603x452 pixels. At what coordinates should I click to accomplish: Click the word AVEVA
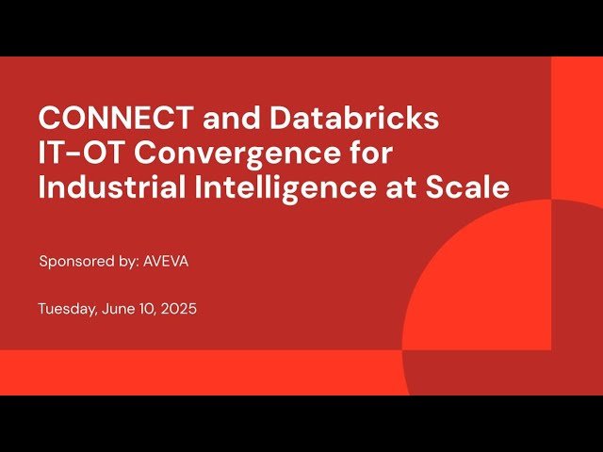point(167,262)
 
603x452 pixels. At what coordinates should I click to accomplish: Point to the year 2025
point(178,309)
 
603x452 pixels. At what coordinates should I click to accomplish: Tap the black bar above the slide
point(301,26)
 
